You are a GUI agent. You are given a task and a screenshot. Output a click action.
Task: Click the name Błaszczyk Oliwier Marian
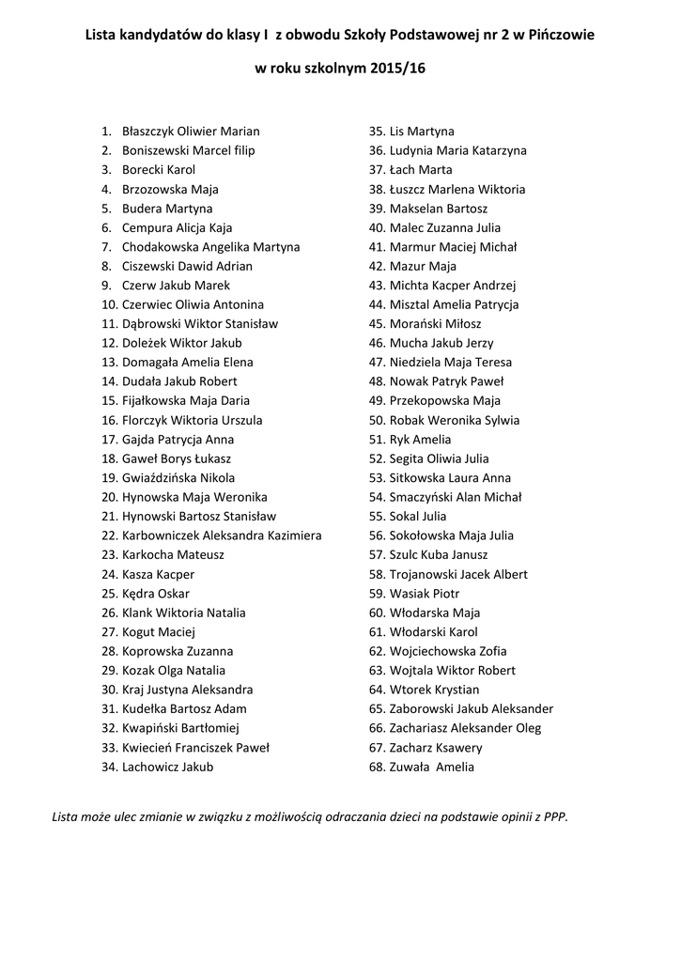coord(191,132)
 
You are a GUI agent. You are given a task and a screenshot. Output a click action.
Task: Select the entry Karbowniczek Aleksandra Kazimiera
coord(222,535)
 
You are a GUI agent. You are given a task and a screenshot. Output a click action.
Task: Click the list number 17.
coord(108,440)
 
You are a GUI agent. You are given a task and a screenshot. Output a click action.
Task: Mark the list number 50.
coord(378,420)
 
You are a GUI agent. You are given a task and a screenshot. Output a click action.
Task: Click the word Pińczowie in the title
coord(562,34)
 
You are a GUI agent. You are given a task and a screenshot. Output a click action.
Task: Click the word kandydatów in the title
coord(178,34)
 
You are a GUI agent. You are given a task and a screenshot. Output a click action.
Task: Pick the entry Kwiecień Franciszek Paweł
coord(195,748)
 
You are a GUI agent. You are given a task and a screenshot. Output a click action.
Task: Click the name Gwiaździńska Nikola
coord(178,478)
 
